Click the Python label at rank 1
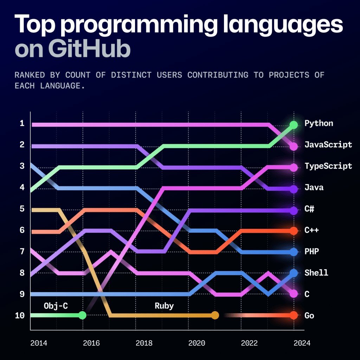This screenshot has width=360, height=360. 319,123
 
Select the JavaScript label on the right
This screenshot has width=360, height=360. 328,145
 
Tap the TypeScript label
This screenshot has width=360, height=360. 328,166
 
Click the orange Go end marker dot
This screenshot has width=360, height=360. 294,315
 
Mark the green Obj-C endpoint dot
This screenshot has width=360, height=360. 82,315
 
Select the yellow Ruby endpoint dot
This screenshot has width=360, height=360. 215,315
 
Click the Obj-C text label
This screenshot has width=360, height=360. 56,306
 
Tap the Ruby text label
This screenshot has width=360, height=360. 164,306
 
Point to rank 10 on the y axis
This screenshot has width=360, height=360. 20,315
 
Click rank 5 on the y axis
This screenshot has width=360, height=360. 22,209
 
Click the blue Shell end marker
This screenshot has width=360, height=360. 294,273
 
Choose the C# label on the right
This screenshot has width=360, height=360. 309,209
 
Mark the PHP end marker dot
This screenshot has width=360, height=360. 294,252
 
